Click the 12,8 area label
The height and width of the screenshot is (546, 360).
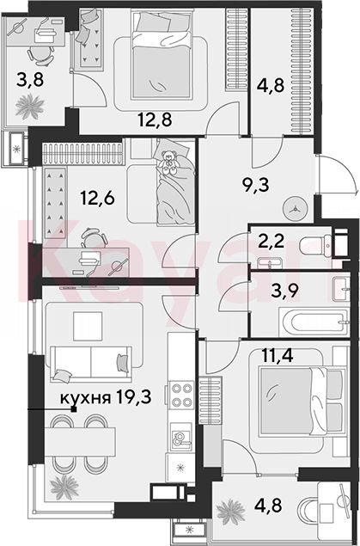click(x=156, y=120)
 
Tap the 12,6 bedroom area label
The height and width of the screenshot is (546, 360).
click(x=97, y=198)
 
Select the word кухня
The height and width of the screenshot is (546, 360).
click(x=85, y=397)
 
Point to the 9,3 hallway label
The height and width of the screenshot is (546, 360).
click(x=255, y=186)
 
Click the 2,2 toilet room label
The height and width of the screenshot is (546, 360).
click(x=271, y=241)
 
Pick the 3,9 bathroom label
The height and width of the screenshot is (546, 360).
click(x=284, y=291)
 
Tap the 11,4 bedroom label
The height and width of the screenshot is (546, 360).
click(x=278, y=355)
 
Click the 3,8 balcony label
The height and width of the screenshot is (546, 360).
click(x=29, y=80)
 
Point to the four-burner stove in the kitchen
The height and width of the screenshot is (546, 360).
click(x=181, y=396)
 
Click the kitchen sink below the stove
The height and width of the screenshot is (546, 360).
click(x=181, y=438)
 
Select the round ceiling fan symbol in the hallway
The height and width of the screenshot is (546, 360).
click(x=296, y=209)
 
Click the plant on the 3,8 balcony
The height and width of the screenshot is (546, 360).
click(x=29, y=106)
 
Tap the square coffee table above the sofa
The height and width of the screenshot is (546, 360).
click(x=88, y=326)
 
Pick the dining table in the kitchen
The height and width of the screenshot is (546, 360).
click(x=80, y=442)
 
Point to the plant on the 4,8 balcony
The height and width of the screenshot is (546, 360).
click(x=230, y=512)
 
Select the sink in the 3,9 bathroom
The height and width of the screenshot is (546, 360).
click(x=341, y=289)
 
